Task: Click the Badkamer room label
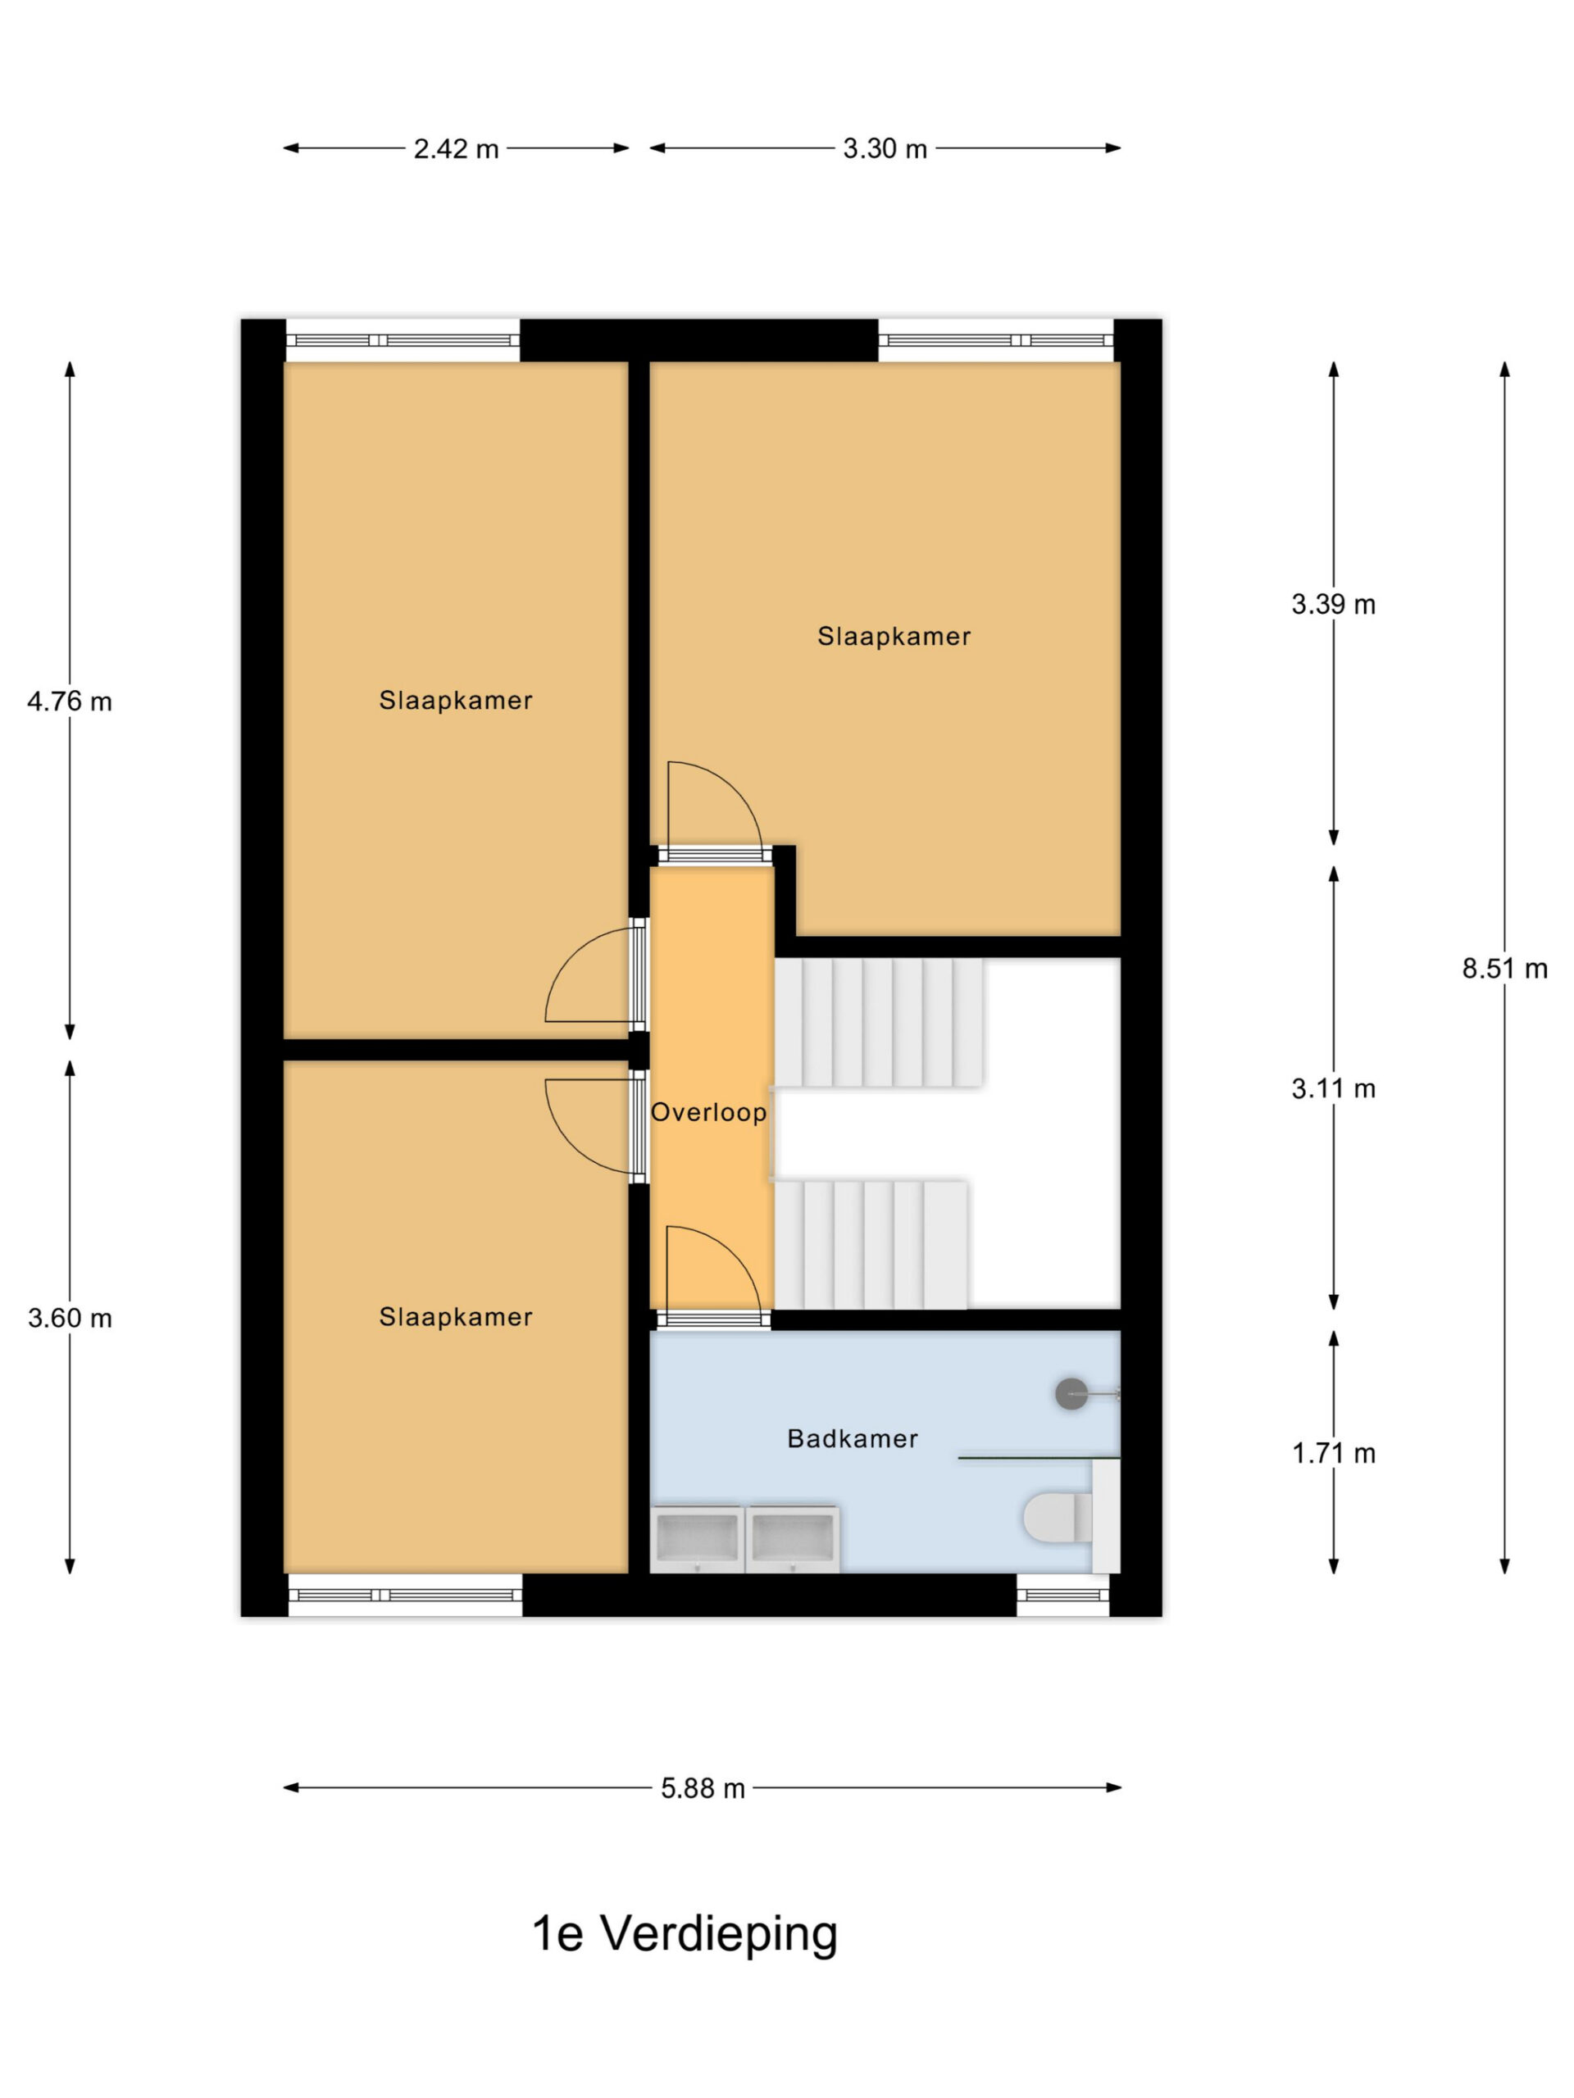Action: click(x=852, y=1439)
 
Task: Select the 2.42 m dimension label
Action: click(x=456, y=149)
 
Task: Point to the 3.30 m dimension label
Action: click(x=885, y=149)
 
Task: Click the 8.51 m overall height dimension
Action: click(x=1503, y=969)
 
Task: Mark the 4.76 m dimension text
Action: click(x=69, y=702)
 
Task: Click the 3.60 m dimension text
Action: click(x=69, y=1319)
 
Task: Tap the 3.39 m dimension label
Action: click(x=1333, y=604)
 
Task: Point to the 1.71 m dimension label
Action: click(x=1333, y=1453)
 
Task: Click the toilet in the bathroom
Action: click(x=1058, y=1518)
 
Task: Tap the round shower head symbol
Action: click(x=1071, y=1393)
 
